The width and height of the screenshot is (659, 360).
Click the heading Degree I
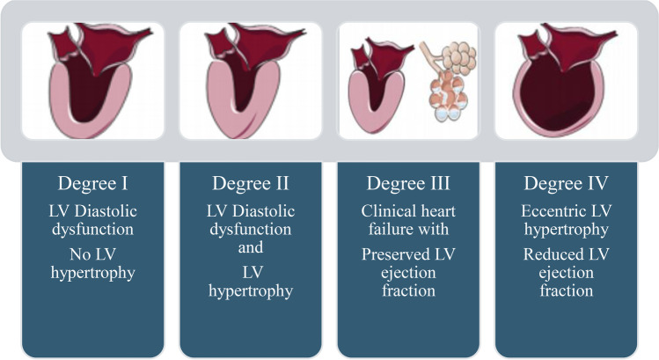tap(94, 184)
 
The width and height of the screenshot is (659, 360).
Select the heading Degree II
tap(252, 184)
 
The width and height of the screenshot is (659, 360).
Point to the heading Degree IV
tap(565, 184)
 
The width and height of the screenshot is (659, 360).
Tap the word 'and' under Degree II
tap(251, 249)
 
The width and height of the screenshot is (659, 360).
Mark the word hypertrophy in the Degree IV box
tap(565, 230)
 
